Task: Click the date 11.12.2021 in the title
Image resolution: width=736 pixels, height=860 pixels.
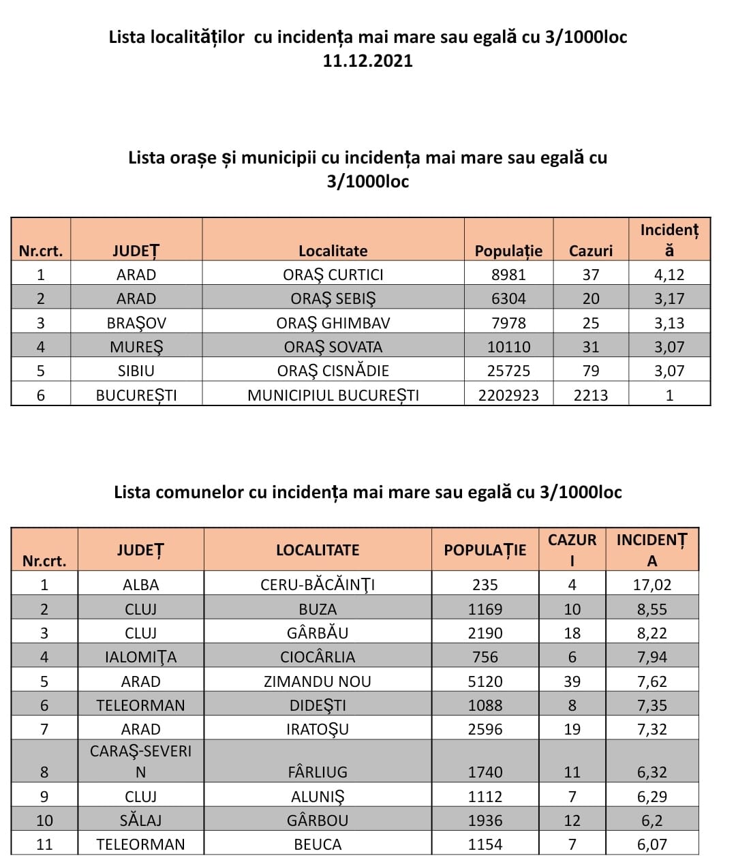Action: coord(367,61)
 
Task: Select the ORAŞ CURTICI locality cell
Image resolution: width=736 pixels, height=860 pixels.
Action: coord(333,275)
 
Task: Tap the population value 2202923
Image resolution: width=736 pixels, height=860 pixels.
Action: coord(508,395)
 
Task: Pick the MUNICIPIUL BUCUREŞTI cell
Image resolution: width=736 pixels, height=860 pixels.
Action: coord(333,395)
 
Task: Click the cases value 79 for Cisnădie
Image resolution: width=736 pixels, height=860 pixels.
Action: coord(590,371)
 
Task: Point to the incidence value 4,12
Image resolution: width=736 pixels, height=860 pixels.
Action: coord(669,275)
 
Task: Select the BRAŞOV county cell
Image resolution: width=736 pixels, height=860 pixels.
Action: coord(136,323)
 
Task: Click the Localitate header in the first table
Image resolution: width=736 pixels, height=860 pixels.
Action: coord(333,251)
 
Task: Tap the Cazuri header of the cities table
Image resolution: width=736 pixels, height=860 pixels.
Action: coord(590,251)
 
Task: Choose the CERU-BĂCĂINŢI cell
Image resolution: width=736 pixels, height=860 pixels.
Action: coord(318,585)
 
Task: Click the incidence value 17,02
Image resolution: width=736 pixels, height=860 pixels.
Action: coord(652,585)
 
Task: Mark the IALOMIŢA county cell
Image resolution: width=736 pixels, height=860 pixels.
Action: coord(140,657)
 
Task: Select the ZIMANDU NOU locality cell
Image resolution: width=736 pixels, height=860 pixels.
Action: coord(318,681)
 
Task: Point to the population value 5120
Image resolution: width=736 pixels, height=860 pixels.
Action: coord(485,681)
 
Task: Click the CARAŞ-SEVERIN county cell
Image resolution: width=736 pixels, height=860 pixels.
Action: coord(140,761)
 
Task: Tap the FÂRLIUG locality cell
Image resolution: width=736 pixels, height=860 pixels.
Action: coord(318,772)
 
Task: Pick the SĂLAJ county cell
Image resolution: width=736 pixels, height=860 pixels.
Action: coord(140,820)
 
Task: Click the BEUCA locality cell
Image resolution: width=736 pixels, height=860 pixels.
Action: coord(318,844)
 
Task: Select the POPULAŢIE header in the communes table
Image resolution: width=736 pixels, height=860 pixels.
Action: coord(485,550)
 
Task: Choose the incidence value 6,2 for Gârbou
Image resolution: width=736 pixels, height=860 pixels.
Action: coord(652,820)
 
